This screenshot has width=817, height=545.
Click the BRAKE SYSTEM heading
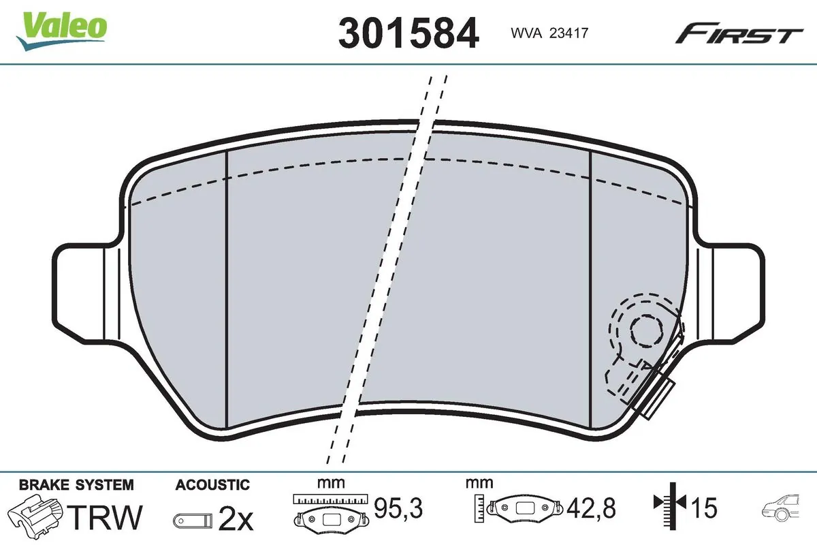76,485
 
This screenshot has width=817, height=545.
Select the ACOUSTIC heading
212,485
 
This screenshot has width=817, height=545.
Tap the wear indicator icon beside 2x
193,521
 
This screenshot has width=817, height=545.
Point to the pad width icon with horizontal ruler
330,511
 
